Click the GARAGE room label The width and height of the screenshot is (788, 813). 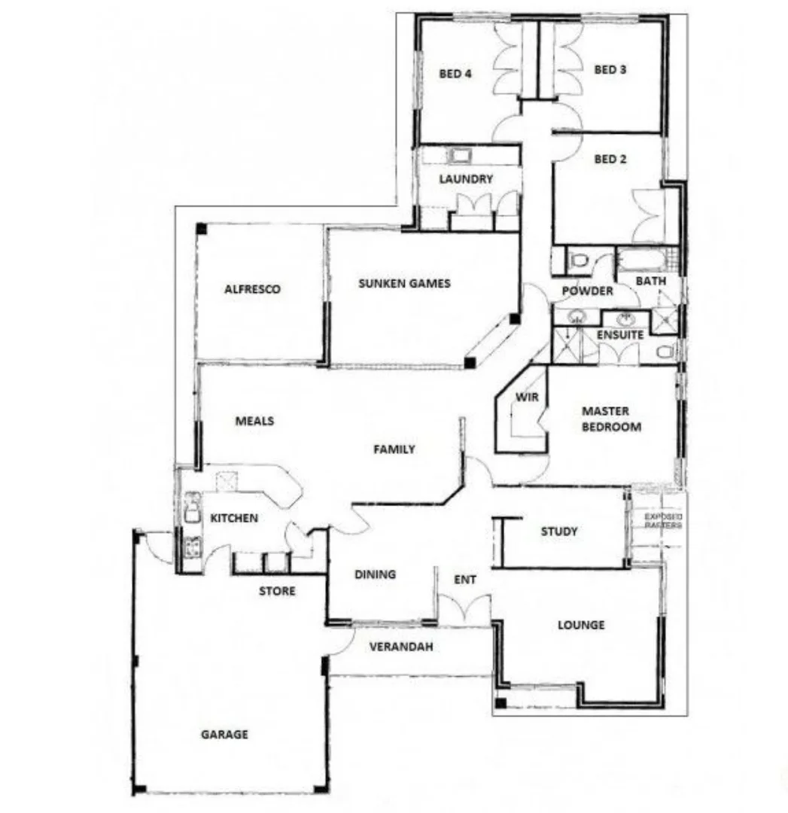tap(224, 734)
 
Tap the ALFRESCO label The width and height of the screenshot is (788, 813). tap(252, 289)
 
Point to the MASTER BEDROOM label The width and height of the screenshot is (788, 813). tap(611, 419)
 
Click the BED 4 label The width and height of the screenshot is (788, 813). tap(455, 73)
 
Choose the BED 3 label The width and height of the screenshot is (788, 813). tap(610, 69)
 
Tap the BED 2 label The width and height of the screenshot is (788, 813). tap(610, 159)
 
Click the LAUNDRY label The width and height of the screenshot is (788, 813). tap(466, 179)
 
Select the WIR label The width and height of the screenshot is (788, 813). tap(525, 397)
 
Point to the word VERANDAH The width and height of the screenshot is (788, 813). tap(400, 646)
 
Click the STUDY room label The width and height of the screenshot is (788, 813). tap(559, 531)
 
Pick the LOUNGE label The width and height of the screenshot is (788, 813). tap(580, 625)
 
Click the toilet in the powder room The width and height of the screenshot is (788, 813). tap(580, 261)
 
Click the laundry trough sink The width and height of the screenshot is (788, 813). tap(460, 156)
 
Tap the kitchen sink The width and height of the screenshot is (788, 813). tap(192, 506)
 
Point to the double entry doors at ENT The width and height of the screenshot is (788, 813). tap(464, 607)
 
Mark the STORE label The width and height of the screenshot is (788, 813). tap(277, 591)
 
